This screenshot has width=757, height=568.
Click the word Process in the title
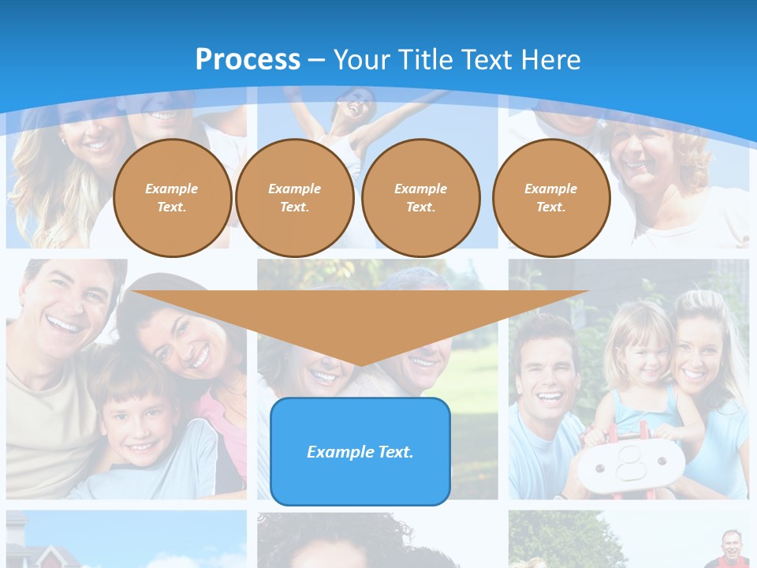(248, 60)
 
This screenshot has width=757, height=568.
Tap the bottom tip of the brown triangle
(360, 365)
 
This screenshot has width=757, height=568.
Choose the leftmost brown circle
(172, 197)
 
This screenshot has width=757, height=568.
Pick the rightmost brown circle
(551, 197)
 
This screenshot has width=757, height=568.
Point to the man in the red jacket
(732, 549)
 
